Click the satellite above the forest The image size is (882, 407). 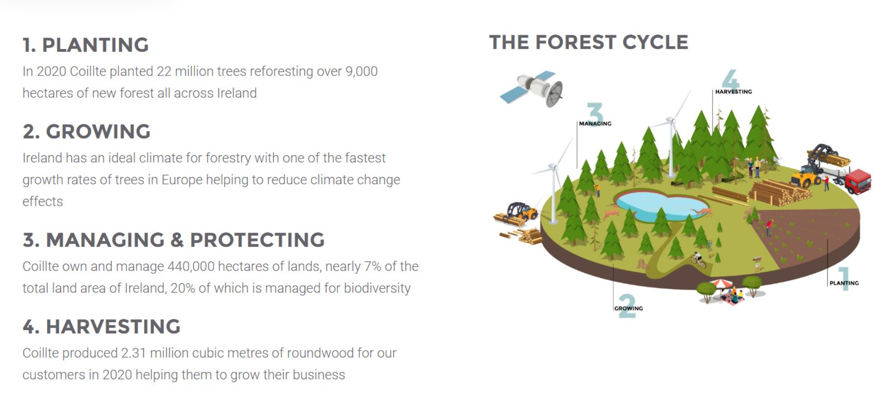[x=532, y=88]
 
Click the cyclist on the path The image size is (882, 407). [x=698, y=260]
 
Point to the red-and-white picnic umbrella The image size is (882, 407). [x=721, y=283]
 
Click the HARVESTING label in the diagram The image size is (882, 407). [x=733, y=92]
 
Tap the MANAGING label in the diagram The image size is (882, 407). [x=595, y=123]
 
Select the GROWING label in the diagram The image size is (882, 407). [x=628, y=308]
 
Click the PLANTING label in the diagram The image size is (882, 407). [x=844, y=283]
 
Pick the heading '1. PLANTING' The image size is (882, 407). [x=86, y=45]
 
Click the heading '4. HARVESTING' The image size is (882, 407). [x=101, y=326]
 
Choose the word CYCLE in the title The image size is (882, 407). [x=655, y=42]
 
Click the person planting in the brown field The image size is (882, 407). [x=769, y=227]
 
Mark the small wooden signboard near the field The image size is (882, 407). [x=757, y=263]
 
